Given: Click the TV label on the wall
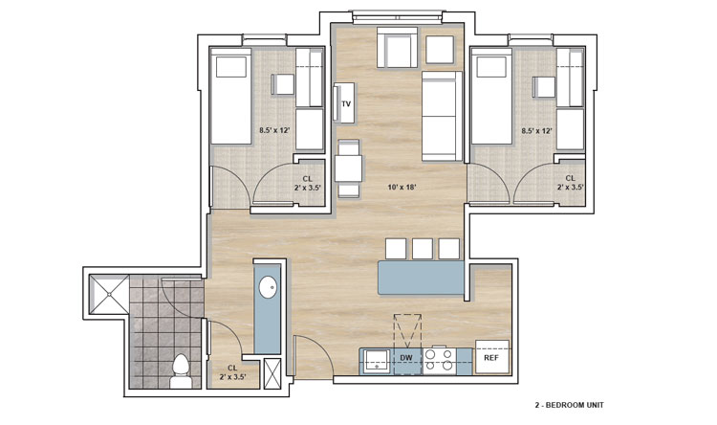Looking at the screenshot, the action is pyautogui.click(x=346, y=104).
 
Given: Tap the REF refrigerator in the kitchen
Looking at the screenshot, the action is pyautogui.click(x=492, y=357).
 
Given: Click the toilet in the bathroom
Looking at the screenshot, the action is pyautogui.click(x=181, y=371).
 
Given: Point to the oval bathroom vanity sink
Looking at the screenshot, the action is pyautogui.click(x=268, y=287).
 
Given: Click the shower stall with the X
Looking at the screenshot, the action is pyautogui.click(x=110, y=294).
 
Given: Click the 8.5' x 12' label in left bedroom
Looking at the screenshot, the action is pyautogui.click(x=274, y=130).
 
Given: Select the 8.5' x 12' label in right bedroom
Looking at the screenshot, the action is pyautogui.click(x=537, y=130).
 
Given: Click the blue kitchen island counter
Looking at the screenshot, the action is pyautogui.click(x=422, y=278).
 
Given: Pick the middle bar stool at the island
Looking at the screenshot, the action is pyautogui.click(x=422, y=249).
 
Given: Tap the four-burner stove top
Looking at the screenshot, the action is pyautogui.click(x=439, y=360).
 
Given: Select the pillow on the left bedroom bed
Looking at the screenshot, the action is pyautogui.click(x=231, y=67).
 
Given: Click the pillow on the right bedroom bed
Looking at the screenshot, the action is pyautogui.click(x=492, y=67).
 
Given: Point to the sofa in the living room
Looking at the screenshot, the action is pyautogui.click(x=443, y=116).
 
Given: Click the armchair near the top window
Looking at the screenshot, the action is pyautogui.click(x=398, y=48).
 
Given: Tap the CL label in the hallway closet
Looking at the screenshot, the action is pyautogui.click(x=232, y=368).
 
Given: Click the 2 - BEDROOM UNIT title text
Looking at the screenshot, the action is pyautogui.click(x=570, y=405).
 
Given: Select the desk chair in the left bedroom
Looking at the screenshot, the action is pyautogui.click(x=283, y=84).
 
